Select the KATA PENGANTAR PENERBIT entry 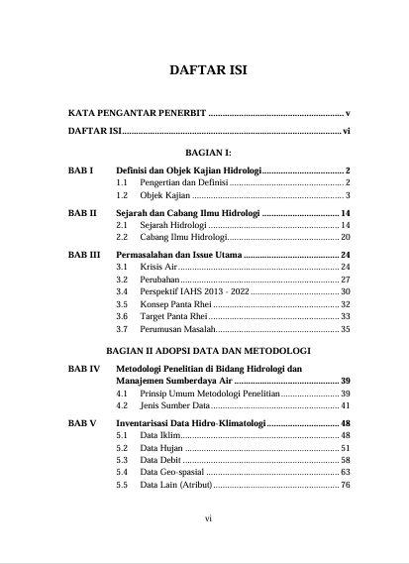pyautogui.click(x=137, y=114)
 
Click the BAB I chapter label pyautogui.click(x=80, y=170)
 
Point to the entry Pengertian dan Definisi pyautogui.click(x=183, y=183)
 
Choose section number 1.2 pyautogui.click(x=123, y=196)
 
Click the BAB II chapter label pyautogui.click(x=82, y=213)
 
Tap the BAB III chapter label pyautogui.click(x=84, y=255)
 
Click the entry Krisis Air pyautogui.click(x=157, y=268)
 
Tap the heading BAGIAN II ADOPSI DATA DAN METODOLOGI pyautogui.click(x=209, y=351)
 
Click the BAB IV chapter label pyautogui.click(x=83, y=369)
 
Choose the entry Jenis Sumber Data pyautogui.click(x=174, y=405)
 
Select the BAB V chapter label pyautogui.click(x=82, y=423)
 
